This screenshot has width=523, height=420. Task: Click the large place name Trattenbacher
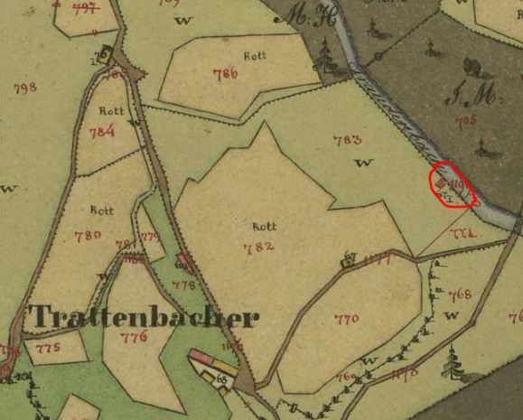click(144, 317)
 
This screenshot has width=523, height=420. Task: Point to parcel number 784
click(102, 132)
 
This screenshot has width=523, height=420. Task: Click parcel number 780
click(88, 237)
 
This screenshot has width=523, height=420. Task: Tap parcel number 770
click(346, 319)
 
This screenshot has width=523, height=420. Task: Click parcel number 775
click(47, 347)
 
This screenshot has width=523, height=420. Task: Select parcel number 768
click(460, 294)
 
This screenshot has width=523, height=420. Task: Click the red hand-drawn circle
click(453, 185)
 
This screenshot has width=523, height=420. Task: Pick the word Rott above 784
click(112, 111)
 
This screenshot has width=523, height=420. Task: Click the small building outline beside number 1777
click(348, 264)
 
